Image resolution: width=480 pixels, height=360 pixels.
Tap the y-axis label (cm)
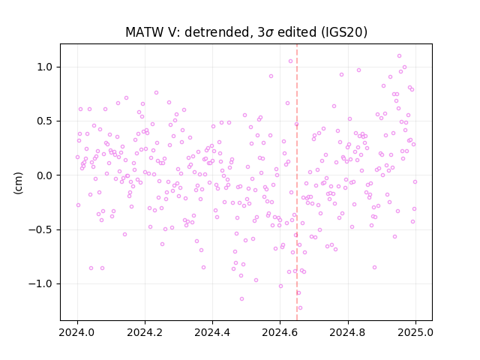(18, 183)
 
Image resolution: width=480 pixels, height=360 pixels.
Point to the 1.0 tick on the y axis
(45, 67)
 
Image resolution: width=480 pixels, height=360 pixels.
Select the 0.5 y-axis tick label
(45, 121)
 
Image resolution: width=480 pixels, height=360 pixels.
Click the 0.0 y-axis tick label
(45, 175)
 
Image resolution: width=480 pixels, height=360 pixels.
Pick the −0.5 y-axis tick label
(41, 230)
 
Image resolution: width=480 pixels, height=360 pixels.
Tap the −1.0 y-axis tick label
(41, 284)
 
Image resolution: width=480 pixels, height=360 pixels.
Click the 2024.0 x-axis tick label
(77, 332)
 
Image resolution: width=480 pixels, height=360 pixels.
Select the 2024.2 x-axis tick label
(145, 332)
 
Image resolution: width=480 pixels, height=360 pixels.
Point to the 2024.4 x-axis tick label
(212, 332)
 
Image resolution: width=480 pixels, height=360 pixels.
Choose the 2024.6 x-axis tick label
(280, 332)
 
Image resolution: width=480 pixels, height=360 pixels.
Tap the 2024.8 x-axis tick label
(348, 332)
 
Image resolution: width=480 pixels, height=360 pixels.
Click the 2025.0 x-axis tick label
(415, 332)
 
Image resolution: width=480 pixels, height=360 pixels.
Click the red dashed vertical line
(297, 182)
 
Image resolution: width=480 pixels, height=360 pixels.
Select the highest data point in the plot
(399, 56)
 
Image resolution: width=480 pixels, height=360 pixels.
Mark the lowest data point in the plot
(300, 308)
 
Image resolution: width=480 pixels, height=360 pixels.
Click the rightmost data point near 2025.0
(415, 181)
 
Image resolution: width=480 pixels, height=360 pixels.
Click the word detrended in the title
(218, 32)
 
